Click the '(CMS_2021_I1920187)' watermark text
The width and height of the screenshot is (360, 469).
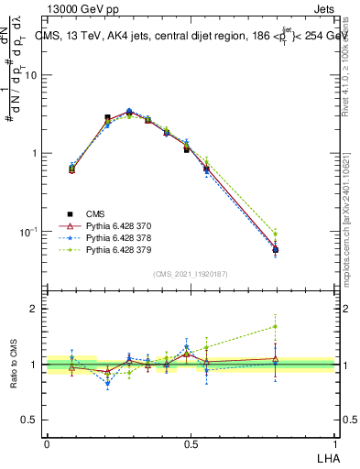click(x=191, y=273)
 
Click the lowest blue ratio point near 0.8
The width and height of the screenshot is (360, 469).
click(x=108, y=384)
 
